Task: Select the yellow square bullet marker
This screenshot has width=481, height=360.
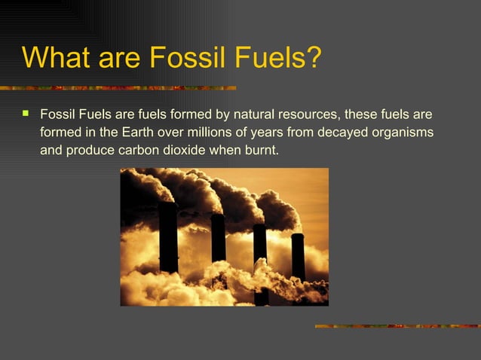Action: [26, 115]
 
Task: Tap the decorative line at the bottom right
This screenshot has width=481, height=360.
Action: [397, 326]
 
